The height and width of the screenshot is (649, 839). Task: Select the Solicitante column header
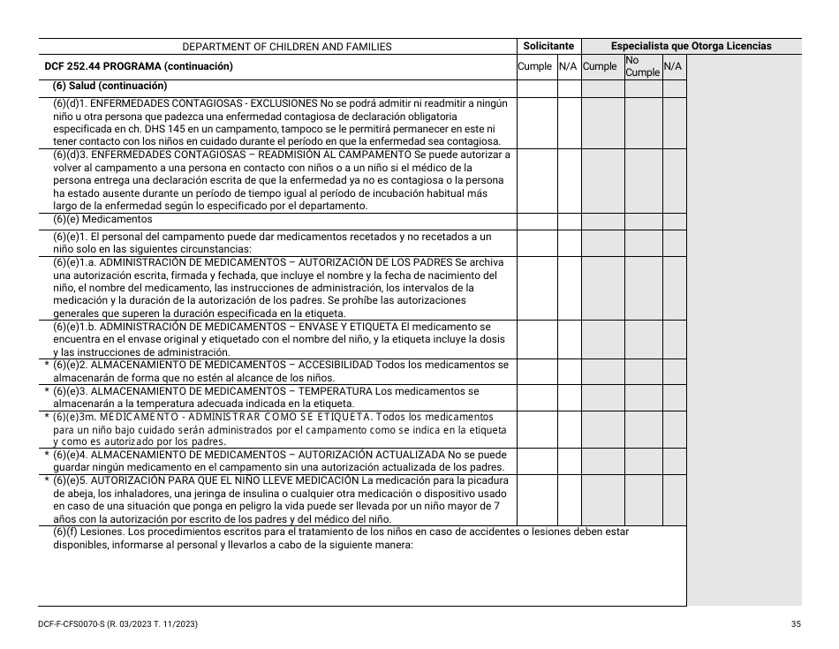548,46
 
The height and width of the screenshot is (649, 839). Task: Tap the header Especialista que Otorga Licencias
691,46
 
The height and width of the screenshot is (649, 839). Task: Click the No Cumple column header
642,66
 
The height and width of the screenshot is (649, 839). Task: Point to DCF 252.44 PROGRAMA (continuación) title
139,66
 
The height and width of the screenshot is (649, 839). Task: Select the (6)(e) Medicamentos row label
102,220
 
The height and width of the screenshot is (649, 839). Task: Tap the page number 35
796,624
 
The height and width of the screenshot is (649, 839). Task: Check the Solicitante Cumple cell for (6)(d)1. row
536,122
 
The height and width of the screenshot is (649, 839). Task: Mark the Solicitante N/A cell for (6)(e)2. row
569,371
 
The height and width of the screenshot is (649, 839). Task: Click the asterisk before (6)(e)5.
47,480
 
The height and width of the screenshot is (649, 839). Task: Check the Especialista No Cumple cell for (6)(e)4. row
643,461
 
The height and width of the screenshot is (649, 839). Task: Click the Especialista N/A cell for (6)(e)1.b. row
674,339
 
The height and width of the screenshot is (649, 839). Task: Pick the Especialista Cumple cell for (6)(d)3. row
602,180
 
